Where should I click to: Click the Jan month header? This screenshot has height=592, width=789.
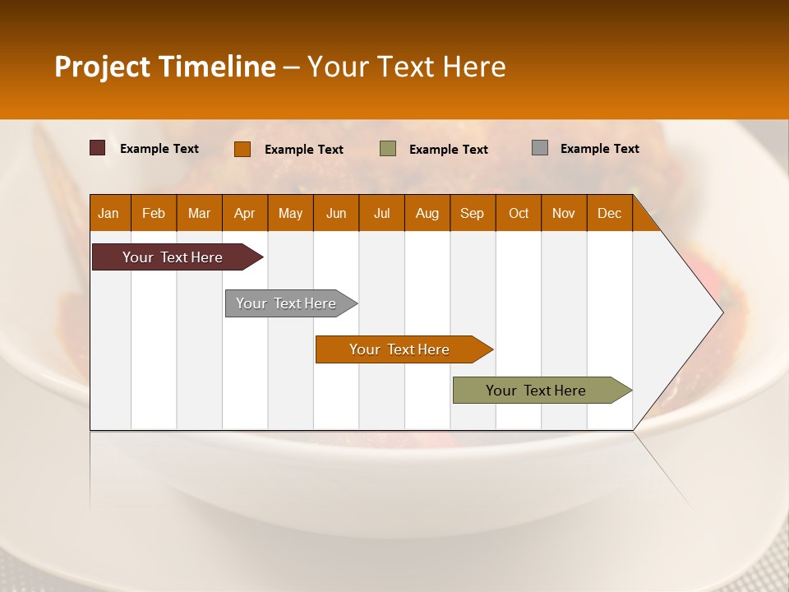tap(108, 213)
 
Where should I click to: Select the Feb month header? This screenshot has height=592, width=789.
tap(154, 213)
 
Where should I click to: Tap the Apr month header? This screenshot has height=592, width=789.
tap(244, 213)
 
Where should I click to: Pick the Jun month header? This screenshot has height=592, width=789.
tap(336, 213)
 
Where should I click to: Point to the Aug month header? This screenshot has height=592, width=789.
tap(427, 213)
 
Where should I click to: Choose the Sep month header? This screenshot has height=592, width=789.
tap(472, 213)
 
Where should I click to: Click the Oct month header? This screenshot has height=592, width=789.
tap(519, 213)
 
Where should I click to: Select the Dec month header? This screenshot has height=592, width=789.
tap(609, 213)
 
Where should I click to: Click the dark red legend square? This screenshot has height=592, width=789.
tap(98, 148)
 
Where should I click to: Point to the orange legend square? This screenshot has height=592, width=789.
tap(242, 149)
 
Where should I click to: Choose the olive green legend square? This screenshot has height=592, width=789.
tap(388, 148)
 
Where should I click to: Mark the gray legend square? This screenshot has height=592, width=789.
tap(540, 148)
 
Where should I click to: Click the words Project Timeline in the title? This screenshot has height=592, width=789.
tap(165, 67)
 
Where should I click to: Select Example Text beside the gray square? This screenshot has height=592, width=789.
tap(599, 149)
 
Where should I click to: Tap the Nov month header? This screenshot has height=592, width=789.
tap(563, 213)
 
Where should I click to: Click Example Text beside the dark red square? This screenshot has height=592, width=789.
tap(159, 149)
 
